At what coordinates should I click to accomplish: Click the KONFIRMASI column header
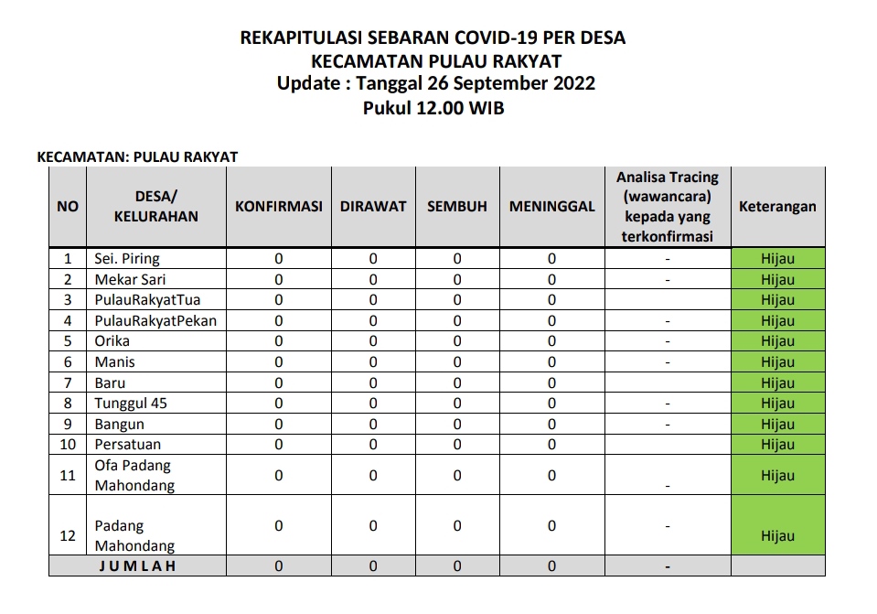[279, 207]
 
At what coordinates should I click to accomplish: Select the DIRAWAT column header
[373, 207]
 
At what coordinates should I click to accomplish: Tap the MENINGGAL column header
[551, 207]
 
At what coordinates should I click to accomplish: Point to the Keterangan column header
[777, 207]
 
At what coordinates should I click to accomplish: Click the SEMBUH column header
[457, 207]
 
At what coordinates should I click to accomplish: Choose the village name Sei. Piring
[127, 259]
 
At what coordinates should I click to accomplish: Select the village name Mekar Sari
[130, 279]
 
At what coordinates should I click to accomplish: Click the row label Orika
[112, 341]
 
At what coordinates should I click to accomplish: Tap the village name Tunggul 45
[131, 404]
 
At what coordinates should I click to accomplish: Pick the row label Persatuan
[128, 445]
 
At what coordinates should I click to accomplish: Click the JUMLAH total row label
[137, 566]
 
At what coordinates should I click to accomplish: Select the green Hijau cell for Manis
[777, 362]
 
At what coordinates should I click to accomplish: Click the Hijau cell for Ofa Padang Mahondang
[777, 476]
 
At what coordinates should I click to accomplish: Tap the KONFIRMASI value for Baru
[279, 383]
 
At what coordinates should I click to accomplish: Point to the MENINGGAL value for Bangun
[551, 425]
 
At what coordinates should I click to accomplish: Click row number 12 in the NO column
[68, 536]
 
